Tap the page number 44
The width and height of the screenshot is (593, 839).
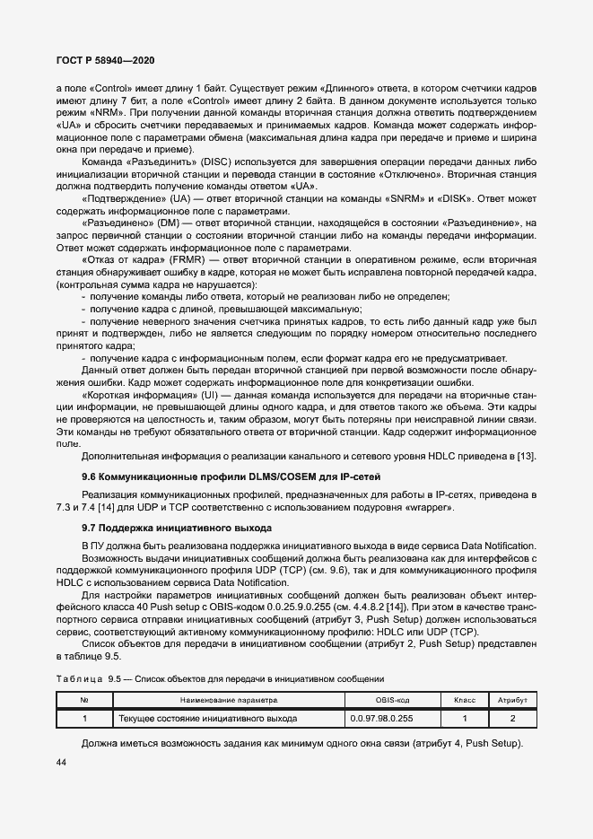pos(62,762)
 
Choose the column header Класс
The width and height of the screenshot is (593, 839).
pos(464,698)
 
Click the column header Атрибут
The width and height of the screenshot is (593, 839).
pos(512,698)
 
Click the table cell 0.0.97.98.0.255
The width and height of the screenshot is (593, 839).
pos(393,718)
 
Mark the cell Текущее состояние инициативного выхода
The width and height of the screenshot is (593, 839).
pos(207,719)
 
